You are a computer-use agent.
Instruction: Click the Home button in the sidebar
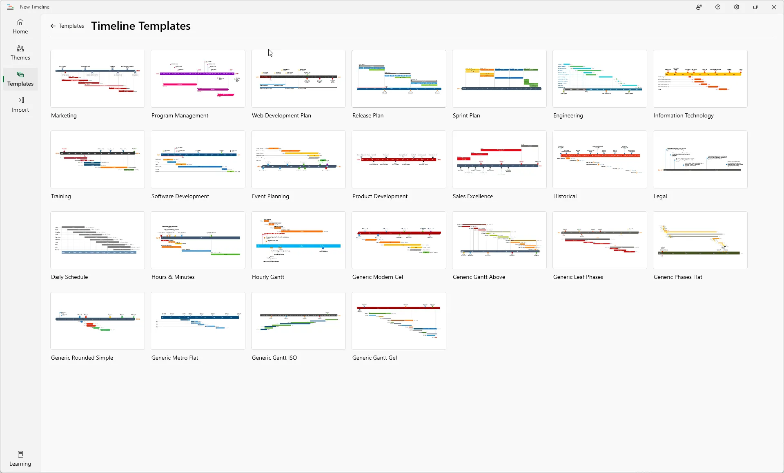pyautogui.click(x=20, y=27)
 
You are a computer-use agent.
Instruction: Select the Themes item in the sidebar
pyautogui.click(x=20, y=53)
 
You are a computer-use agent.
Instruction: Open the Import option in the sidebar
pyautogui.click(x=20, y=105)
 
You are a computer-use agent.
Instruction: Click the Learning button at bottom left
pyautogui.click(x=20, y=459)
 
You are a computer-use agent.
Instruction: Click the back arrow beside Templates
pyautogui.click(x=53, y=26)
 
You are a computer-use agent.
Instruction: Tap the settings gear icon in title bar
pyautogui.click(x=737, y=7)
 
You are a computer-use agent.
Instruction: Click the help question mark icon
pyautogui.click(x=718, y=7)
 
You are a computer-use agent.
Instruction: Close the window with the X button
pyautogui.click(x=774, y=7)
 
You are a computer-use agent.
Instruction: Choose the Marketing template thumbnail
pyautogui.click(x=98, y=79)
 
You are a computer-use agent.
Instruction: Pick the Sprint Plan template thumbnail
pyautogui.click(x=499, y=79)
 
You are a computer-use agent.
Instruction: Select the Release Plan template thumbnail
pyautogui.click(x=399, y=79)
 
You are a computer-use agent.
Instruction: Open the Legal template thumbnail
pyautogui.click(x=700, y=159)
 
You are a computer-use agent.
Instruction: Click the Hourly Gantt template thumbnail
pyautogui.click(x=298, y=240)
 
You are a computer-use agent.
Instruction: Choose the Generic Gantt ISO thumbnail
pyautogui.click(x=298, y=321)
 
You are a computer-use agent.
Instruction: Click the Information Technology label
pyautogui.click(x=684, y=115)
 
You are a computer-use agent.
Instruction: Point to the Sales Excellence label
pyautogui.click(x=473, y=196)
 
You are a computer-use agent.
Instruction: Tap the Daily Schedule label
pyautogui.click(x=69, y=277)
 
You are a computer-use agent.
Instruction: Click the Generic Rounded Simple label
pyautogui.click(x=82, y=358)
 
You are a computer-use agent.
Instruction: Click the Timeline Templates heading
pyautogui.click(x=141, y=26)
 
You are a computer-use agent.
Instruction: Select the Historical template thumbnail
pyautogui.click(x=600, y=159)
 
